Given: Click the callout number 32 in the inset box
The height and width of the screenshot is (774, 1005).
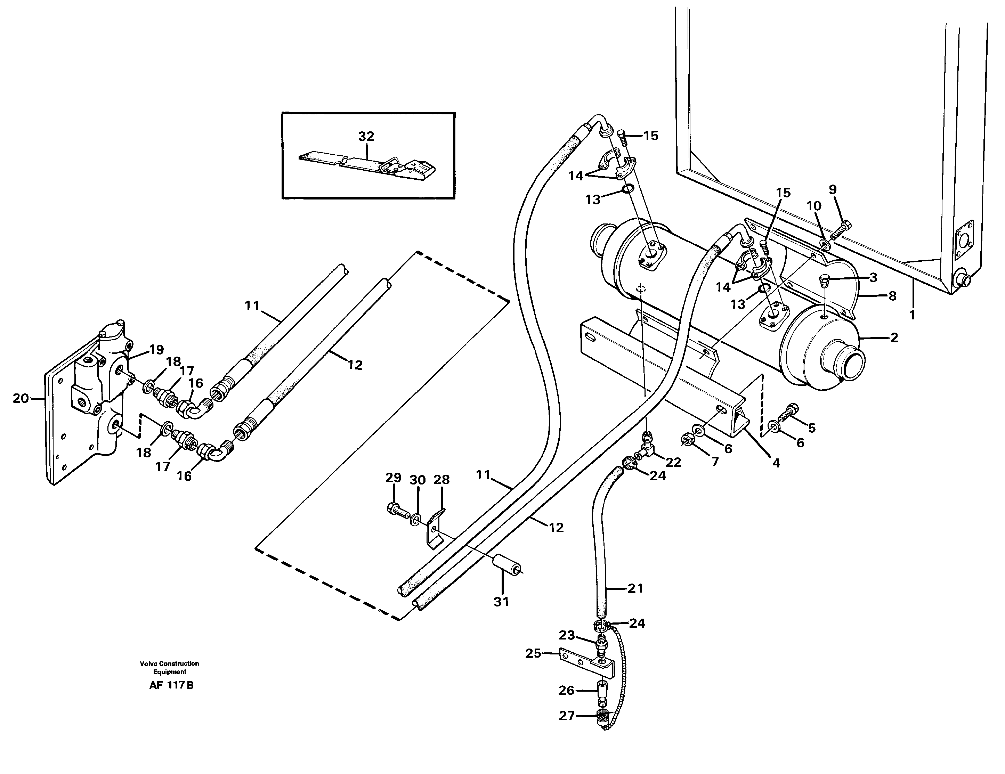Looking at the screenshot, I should point(366,136).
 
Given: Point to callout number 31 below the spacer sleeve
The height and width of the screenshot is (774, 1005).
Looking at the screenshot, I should point(501,601).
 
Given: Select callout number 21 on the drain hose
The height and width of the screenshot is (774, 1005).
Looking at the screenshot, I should point(635,588).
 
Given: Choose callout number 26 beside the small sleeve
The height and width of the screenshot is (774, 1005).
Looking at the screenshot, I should point(566,690).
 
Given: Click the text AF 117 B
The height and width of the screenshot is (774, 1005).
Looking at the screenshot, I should point(171,685).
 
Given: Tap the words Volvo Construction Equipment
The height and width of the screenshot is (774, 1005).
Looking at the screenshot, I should point(169,667).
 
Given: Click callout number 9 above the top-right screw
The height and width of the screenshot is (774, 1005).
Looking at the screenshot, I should point(833,189).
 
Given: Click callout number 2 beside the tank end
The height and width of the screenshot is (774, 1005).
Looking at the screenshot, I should point(894,338).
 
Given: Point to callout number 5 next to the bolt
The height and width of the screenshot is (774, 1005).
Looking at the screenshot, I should point(811,428).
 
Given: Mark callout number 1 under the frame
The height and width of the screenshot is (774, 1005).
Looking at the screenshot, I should point(912,315).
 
